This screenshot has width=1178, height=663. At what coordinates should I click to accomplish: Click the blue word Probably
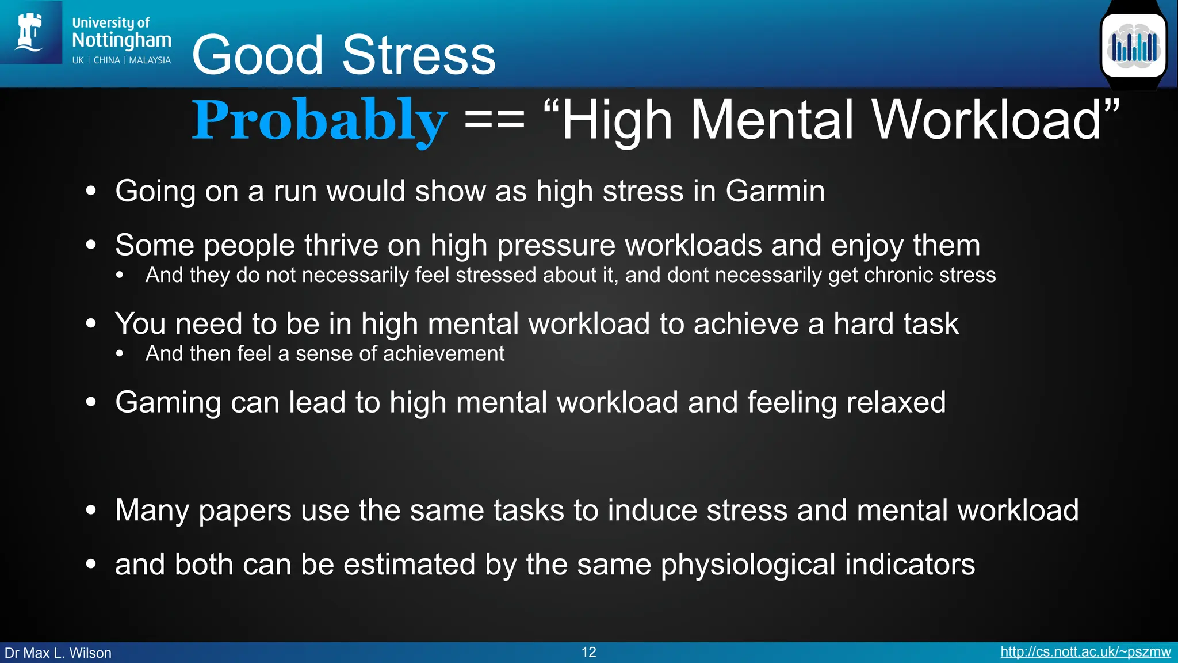point(319,120)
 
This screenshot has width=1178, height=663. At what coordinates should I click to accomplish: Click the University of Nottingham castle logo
point(30,32)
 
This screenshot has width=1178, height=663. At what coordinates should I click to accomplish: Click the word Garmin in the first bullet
point(775,191)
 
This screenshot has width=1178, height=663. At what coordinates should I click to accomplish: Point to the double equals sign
point(494,120)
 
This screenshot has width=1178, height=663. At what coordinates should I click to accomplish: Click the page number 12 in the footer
point(588,652)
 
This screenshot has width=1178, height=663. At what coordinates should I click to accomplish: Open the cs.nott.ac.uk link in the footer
point(1085,652)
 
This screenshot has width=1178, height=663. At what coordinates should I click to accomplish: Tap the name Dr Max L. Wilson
point(58,653)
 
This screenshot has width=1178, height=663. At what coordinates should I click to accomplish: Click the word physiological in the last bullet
point(748,565)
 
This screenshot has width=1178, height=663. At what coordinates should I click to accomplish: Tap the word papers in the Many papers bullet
point(245,510)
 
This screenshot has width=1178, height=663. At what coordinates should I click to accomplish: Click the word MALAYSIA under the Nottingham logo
point(150,60)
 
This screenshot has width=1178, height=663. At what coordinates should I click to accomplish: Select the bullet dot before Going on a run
point(91,191)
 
